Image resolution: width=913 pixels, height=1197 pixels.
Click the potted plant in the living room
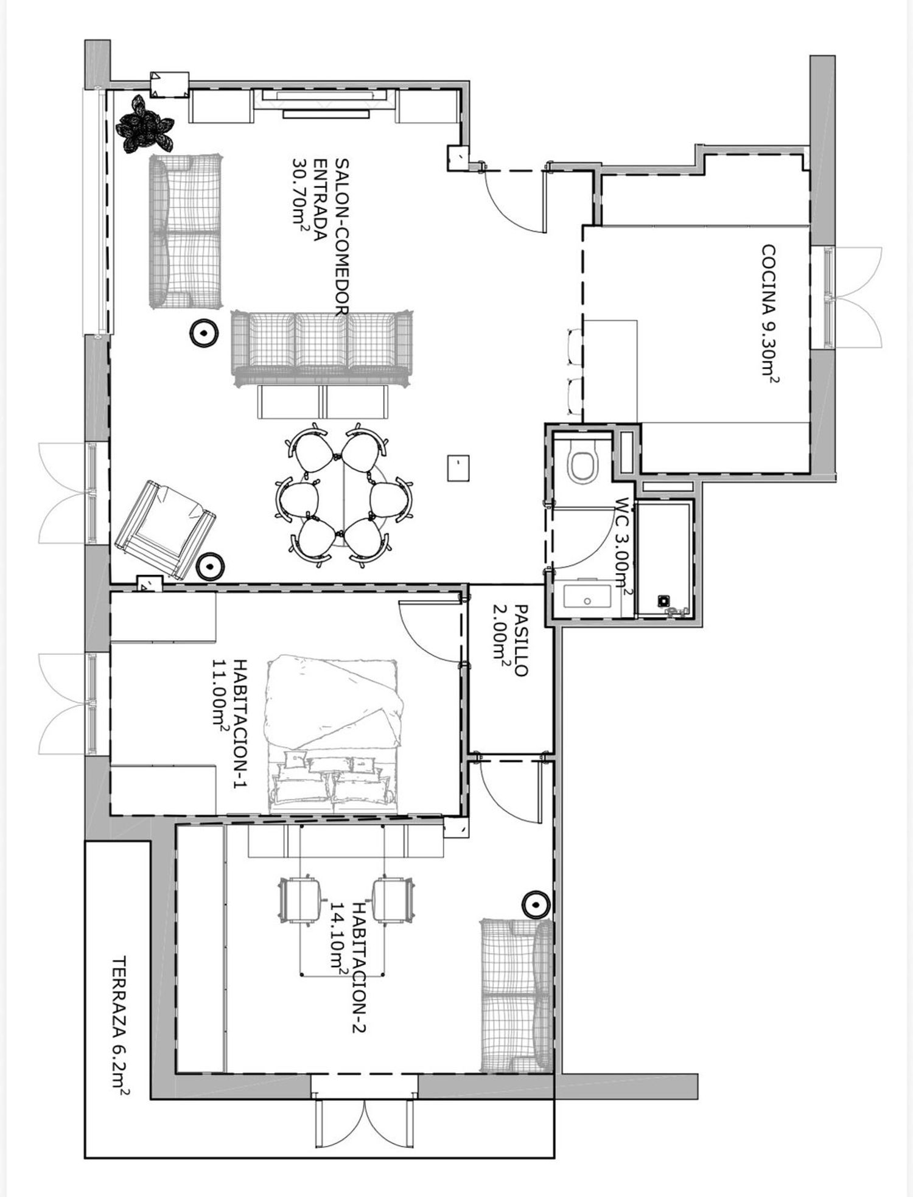coord(144,124)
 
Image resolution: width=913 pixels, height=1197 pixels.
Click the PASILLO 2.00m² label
coord(509,640)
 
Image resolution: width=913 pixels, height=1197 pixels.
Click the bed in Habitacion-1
coord(334,733)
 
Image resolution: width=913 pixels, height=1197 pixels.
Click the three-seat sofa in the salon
coord(322,349)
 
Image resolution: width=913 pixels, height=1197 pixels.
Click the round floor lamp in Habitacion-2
coord(536,906)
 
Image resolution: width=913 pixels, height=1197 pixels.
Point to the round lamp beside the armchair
coord(211,567)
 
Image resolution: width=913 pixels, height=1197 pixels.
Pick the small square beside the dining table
coord(458,468)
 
